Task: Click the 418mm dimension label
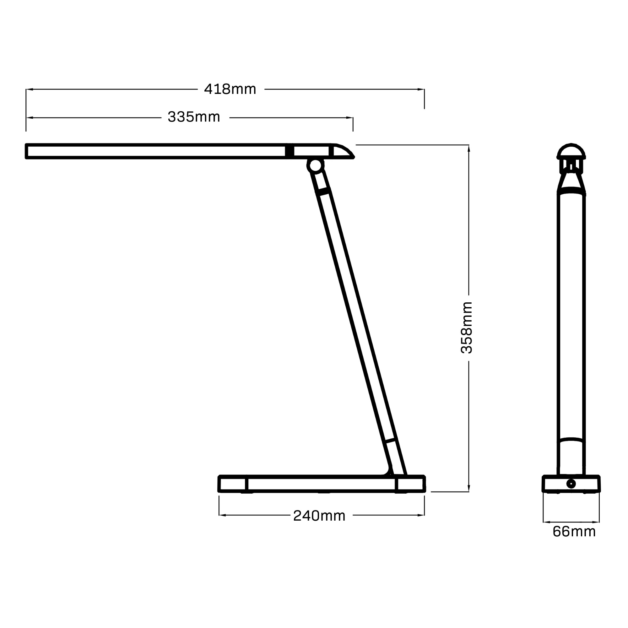click(x=230, y=89)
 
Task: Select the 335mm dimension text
click(x=194, y=117)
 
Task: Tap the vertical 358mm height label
click(x=467, y=328)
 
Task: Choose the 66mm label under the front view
click(x=574, y=532)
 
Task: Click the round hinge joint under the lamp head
click(x=315, y=165)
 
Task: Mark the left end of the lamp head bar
click(x=27, y=151)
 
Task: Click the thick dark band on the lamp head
click(x=289, y=151)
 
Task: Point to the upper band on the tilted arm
click(x=323, y=192)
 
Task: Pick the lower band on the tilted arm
click(x=390, y=441)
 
